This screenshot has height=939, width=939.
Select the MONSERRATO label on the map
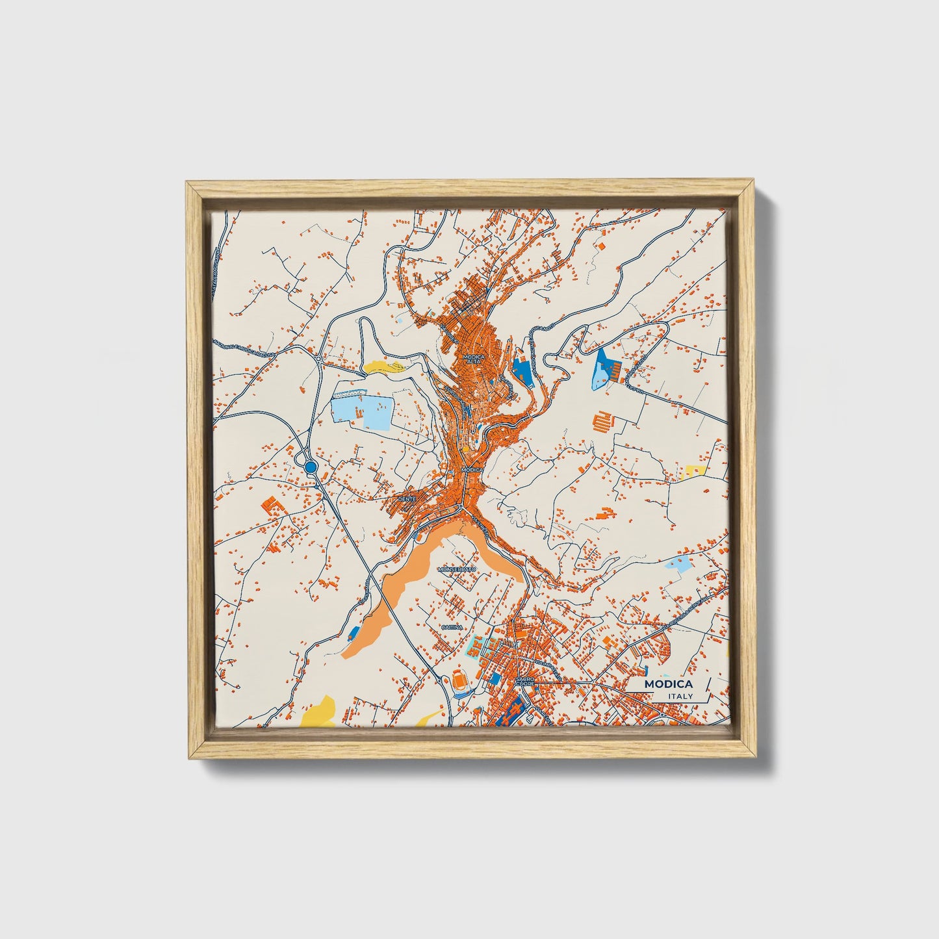point(457,569)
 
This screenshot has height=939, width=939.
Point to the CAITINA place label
point(452,627)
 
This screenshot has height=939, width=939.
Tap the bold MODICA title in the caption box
point(669,684)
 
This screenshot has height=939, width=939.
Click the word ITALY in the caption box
point(680,697)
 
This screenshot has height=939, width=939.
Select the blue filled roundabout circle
point(311,467)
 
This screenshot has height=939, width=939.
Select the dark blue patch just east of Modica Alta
point(521,369)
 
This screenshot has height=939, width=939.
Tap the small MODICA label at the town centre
point(472,469)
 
